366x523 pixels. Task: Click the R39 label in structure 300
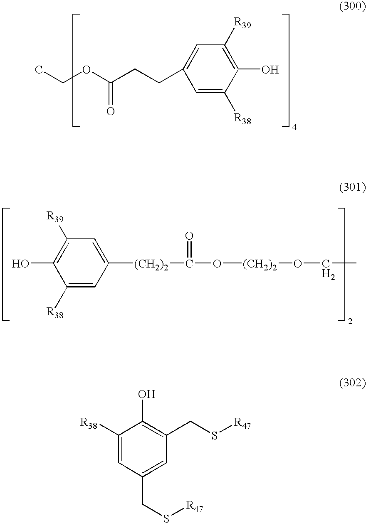(x=242, y=23)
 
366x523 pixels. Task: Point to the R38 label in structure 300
(x=242, y=119)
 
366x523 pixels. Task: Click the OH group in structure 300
(x=270, y=70)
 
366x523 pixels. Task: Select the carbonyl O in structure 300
(x=110, y=111)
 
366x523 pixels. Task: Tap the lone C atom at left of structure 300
(x=39, y=70)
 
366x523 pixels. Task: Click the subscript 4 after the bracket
(x=294, y=128)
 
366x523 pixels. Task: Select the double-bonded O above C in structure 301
(x=189, y=236)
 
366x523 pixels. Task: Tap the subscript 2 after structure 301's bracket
(x=350, y=322)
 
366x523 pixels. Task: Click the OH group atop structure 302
(x=147, y=394)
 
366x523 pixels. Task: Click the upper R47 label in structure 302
(x=242, y=424)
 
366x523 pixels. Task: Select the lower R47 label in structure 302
(x=194, y=506)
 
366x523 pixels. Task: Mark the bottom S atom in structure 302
(x=166, y=518)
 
